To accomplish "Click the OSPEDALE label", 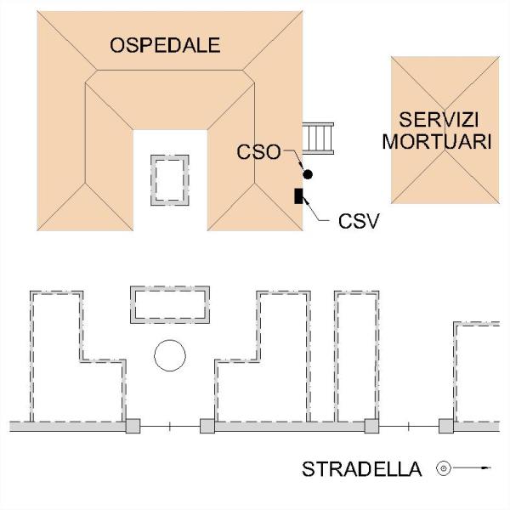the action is (x=165, y=45).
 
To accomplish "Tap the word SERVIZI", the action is (x=439, y=120).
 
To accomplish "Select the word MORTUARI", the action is (x=437, y=141).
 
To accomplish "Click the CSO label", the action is (x=258, y=152).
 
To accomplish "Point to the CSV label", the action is (x=359, y=221).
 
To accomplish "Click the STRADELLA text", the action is (x=362, y=469).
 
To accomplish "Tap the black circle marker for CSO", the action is (x=308, y=174).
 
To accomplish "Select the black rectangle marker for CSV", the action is (x=298, y=196).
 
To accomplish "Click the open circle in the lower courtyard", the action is (x=170, y=340).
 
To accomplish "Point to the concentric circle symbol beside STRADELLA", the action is (x=444, y=468).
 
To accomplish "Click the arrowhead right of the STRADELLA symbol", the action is (x=486, y=468).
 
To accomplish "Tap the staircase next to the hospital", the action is (x=318, y=139).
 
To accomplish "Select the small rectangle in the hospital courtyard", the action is (x=151, y=180).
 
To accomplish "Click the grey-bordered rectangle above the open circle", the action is (x=170, y=288).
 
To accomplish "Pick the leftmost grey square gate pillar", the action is (x=133, y=426).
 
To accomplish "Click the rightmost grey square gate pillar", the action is (x=446, y=426).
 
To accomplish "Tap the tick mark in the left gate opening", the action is (x=170, y=427).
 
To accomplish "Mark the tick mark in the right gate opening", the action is (x=409, y=427).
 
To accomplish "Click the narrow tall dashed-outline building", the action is (x=337, y=356).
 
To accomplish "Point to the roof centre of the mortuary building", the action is (x=445, y=130).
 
